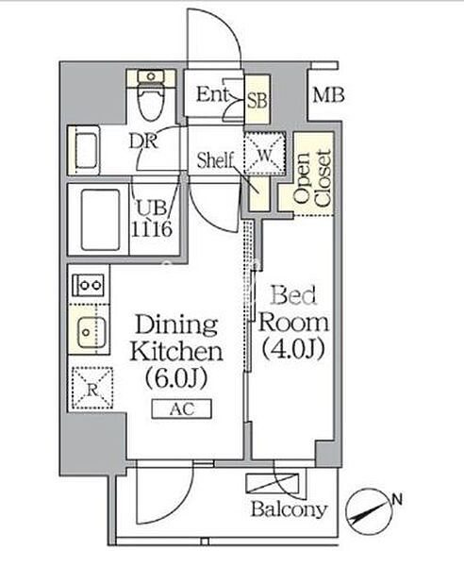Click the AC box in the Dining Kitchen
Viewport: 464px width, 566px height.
(x=181, y=408)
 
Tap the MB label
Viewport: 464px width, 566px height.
(x=328, y=95)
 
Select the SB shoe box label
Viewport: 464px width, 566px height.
(x=257, y=101)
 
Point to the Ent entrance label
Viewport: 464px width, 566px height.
(x=212, y=94)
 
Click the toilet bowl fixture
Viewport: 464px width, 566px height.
(x=151, y=102)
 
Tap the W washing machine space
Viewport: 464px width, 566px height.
(x=264, y=155)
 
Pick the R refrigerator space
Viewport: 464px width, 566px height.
(x=92, y=388)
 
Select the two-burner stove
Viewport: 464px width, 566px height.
(x=88, y=285)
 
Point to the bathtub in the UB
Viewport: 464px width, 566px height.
(x=100, y=220)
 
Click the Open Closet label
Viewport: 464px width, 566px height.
(x=312, y=178)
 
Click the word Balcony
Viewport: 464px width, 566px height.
(x=289, y=509)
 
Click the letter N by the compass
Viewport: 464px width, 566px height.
(x=396, y=500)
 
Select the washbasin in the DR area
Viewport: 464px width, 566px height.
(x=86, y=151)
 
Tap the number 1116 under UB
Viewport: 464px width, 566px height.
(x=151, y=228)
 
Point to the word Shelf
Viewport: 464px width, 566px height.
(x=215, y=160)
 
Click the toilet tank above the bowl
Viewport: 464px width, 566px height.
(x=151, y=76)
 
